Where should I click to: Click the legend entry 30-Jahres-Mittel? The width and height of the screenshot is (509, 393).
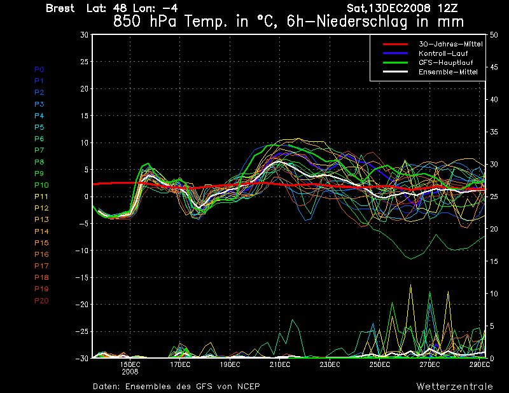[x=450, y=44]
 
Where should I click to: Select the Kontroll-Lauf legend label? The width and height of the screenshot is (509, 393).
[x=443, y=53]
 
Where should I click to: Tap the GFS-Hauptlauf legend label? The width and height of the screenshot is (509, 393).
[x=446, y=62]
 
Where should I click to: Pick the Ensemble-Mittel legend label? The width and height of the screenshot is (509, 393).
[x=448, y=72]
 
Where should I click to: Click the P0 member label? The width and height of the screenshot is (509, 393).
[x=39, y=69]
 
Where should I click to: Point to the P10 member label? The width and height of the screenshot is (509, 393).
[x=41, y=185]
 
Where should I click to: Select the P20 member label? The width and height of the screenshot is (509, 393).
[x=41, y=301]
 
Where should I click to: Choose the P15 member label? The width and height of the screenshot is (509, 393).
[x=41, y=243]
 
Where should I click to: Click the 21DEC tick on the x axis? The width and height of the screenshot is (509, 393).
[x=280, y=364]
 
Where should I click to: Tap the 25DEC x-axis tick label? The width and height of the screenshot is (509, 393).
[x=379, y=364]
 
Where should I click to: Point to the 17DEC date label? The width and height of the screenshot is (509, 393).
[x=180, y=364]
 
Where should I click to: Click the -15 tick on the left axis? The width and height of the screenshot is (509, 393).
[x=82, y=277]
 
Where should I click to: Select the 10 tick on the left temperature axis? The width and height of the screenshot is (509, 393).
[x=85, y=143]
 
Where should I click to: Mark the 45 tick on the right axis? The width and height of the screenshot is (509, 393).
[x=494, y=67]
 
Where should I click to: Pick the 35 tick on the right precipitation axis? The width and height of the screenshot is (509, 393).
[x=494, y=132]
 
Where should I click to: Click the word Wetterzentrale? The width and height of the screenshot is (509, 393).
[x=454, y=386]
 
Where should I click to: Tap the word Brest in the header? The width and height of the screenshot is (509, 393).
[x=60, y=8]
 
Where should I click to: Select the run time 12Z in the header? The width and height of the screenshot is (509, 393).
[x=448, y=8]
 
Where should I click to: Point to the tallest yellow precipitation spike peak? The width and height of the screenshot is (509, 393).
[x=410, y=285]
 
